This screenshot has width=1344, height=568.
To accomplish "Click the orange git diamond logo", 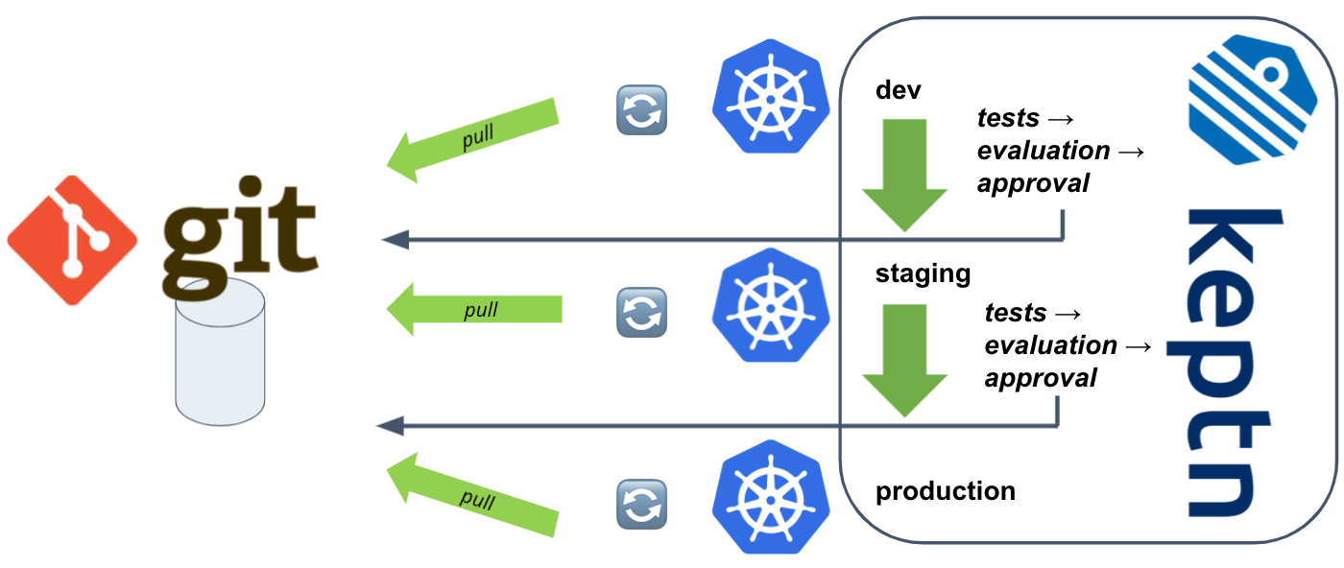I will pyautogui.click(x=72, y=240).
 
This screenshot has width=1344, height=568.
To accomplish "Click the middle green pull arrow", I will pyautogui.click(x=474, y=309).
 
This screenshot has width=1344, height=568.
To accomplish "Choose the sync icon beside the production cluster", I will pyautogui.click(x=641, y=504).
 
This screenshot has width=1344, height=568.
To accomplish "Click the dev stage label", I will pyautogui.click(x=898, y=90).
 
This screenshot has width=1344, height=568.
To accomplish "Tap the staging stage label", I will pyautogui.click(x=923, y=273).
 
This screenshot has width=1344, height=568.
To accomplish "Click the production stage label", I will pyautogui.click(x=945, y=491).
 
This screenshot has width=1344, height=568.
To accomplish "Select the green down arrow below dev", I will pyautogui.click(x=904, y=173).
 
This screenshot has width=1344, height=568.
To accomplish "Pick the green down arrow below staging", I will pyautogui.click(x=904, y=358).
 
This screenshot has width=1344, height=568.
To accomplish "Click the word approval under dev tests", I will pyautogui.click(x=1033, y=182).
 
